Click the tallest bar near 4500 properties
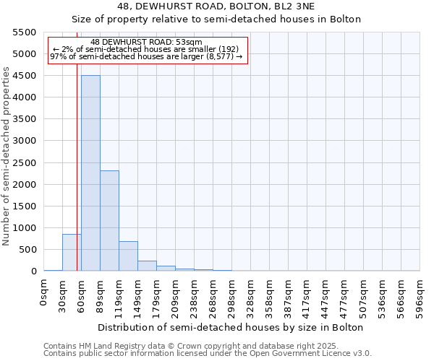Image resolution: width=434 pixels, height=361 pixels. (90, 173)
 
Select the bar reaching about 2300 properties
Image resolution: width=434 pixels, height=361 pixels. (109, 221)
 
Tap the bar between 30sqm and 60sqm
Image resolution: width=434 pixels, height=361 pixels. (72, 253)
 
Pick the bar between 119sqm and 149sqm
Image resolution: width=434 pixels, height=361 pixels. (128, 256)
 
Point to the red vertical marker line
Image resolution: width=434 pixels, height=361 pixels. (77, 166)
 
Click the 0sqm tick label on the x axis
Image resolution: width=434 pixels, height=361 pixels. (44, 295)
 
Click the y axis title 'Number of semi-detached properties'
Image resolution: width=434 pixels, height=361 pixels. (7, 156)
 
